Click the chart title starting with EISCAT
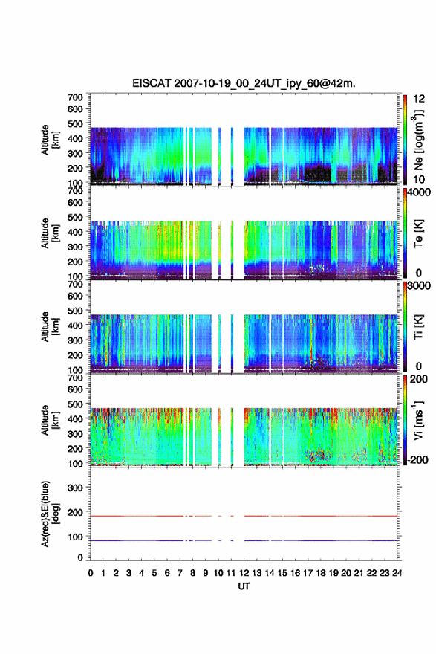coord(244,83)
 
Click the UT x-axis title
coord(244,586)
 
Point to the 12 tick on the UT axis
coord(244,573)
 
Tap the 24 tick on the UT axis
coord(397,573)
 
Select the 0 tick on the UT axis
coord(91,573)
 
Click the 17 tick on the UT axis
coord(308,573)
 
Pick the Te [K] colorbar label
coord(418,233)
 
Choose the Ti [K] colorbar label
coord(418,327)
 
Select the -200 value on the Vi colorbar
coord(416,459)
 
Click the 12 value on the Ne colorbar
coord(419,99)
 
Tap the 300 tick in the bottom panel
coord(76,488)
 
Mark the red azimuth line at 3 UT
coord(128,516)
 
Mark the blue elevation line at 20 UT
coord(346,540)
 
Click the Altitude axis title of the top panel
coord(50,140)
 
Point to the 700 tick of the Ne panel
coord(76,97)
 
